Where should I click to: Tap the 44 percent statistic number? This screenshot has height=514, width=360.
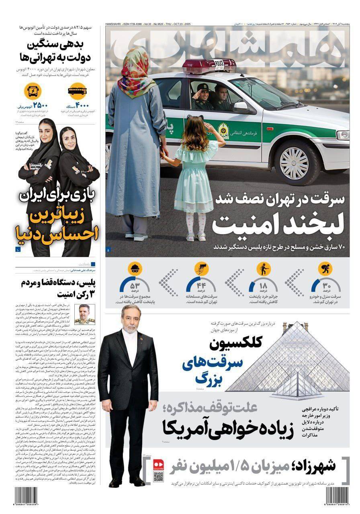pyautogui.click(x=201, y=286)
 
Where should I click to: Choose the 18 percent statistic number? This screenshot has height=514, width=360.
pyautogui.click(x=263, y=286)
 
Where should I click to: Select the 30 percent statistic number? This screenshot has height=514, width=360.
pyautogui.click(x=326, y=286)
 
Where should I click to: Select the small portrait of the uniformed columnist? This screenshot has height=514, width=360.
pyautogui.click(x=84, y=314)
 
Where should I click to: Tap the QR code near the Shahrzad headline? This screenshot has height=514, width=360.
pyautogui.click(x=159, y=476)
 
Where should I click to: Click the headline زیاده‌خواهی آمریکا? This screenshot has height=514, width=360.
pyautogui.click(x=225, y=427)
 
